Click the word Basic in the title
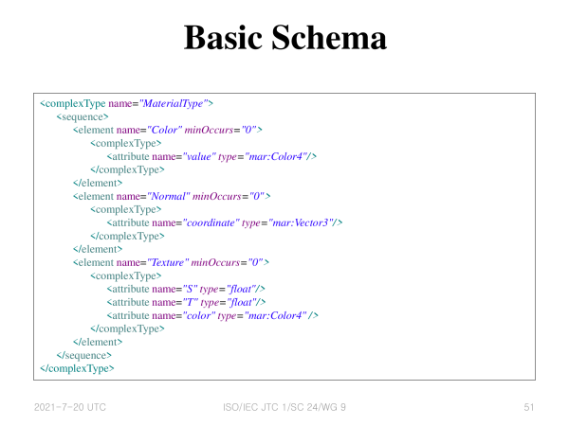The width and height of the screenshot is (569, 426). click(223, 37)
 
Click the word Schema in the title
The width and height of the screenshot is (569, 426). click(329, 37)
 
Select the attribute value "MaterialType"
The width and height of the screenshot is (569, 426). click(174, 103)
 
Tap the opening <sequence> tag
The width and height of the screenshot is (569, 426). click(83, 116)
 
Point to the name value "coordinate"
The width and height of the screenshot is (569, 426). click(211, 222)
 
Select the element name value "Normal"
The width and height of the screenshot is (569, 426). click(169, 196)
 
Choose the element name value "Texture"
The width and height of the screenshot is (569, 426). click(168, 262)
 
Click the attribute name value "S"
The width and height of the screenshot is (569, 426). click(190, 289)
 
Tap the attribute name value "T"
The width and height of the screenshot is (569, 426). click(191, 302)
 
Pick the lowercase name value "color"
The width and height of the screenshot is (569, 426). click(199, 315)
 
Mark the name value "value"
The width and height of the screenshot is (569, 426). click(199, 156)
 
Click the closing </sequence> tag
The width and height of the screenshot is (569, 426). click(83, 355)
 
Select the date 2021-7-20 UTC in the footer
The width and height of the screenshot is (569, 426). click(70, 407)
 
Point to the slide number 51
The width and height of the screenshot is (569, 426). click(529, 407)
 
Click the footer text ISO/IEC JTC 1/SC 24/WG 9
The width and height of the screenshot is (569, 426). click(284, 407)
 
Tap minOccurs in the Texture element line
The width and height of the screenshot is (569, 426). click(215, 262)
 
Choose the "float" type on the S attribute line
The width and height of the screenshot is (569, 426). click(240, 289)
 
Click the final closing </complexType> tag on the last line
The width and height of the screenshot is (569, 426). click(77, 368)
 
